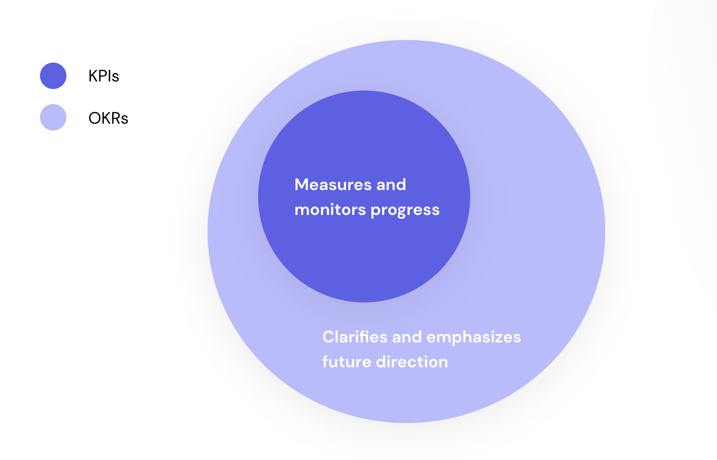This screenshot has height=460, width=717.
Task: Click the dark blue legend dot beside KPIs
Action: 53,76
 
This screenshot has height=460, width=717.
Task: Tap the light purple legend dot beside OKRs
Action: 53,117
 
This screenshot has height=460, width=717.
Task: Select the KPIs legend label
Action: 104,76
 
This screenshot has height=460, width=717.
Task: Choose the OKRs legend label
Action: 108,118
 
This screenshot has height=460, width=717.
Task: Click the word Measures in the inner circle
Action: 333,185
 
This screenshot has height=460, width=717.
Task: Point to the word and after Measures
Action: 391,185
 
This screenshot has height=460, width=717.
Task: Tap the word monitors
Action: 330,210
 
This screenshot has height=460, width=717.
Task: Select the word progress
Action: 405,211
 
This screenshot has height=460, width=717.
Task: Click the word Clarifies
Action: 355,337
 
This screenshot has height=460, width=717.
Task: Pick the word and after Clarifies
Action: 407,337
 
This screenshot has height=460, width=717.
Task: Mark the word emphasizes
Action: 474,338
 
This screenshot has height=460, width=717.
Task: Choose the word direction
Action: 412,362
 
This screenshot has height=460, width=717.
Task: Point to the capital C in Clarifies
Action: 329,337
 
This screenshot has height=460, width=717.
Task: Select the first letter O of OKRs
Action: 95,118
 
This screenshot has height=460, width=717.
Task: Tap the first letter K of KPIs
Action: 93,76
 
